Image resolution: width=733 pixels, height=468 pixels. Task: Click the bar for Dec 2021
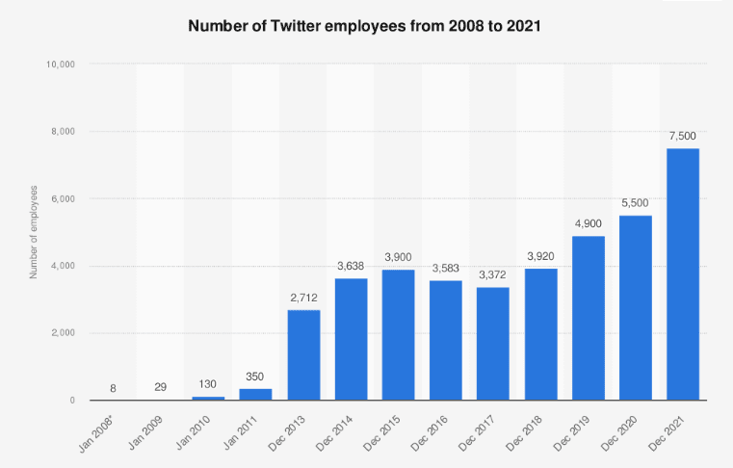click(x=683, y=274)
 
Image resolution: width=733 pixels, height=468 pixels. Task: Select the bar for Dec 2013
click(x=303, y=354)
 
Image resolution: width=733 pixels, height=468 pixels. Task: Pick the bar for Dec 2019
click(x=589, y=318)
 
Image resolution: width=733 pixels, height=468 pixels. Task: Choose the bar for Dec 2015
click(x=399, y=335)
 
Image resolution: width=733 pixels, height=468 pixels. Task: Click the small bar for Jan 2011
click(x=255, y=394)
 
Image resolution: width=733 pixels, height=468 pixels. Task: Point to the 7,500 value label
click(x=683, y=135)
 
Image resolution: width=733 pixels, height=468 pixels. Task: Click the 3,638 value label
click(x=351, y=265)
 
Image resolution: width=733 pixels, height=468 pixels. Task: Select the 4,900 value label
click(x=589, y=222)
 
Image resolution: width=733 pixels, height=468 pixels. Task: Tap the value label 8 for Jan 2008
click(x=114, y=386)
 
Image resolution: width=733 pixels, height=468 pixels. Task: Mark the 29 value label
click(x=161, y=386)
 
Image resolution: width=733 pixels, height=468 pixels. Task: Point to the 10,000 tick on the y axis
click(x=61, y=65)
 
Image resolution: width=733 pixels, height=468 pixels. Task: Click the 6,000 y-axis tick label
click(x=64, y=198)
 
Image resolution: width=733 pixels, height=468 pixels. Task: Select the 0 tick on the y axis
click(x=73, y=401)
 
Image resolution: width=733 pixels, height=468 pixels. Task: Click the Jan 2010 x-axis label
click(x=201, y=432)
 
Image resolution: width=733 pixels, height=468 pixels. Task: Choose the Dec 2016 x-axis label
click(x=439, y=432)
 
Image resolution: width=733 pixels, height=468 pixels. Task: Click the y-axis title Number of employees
click(x=34, y=231)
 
